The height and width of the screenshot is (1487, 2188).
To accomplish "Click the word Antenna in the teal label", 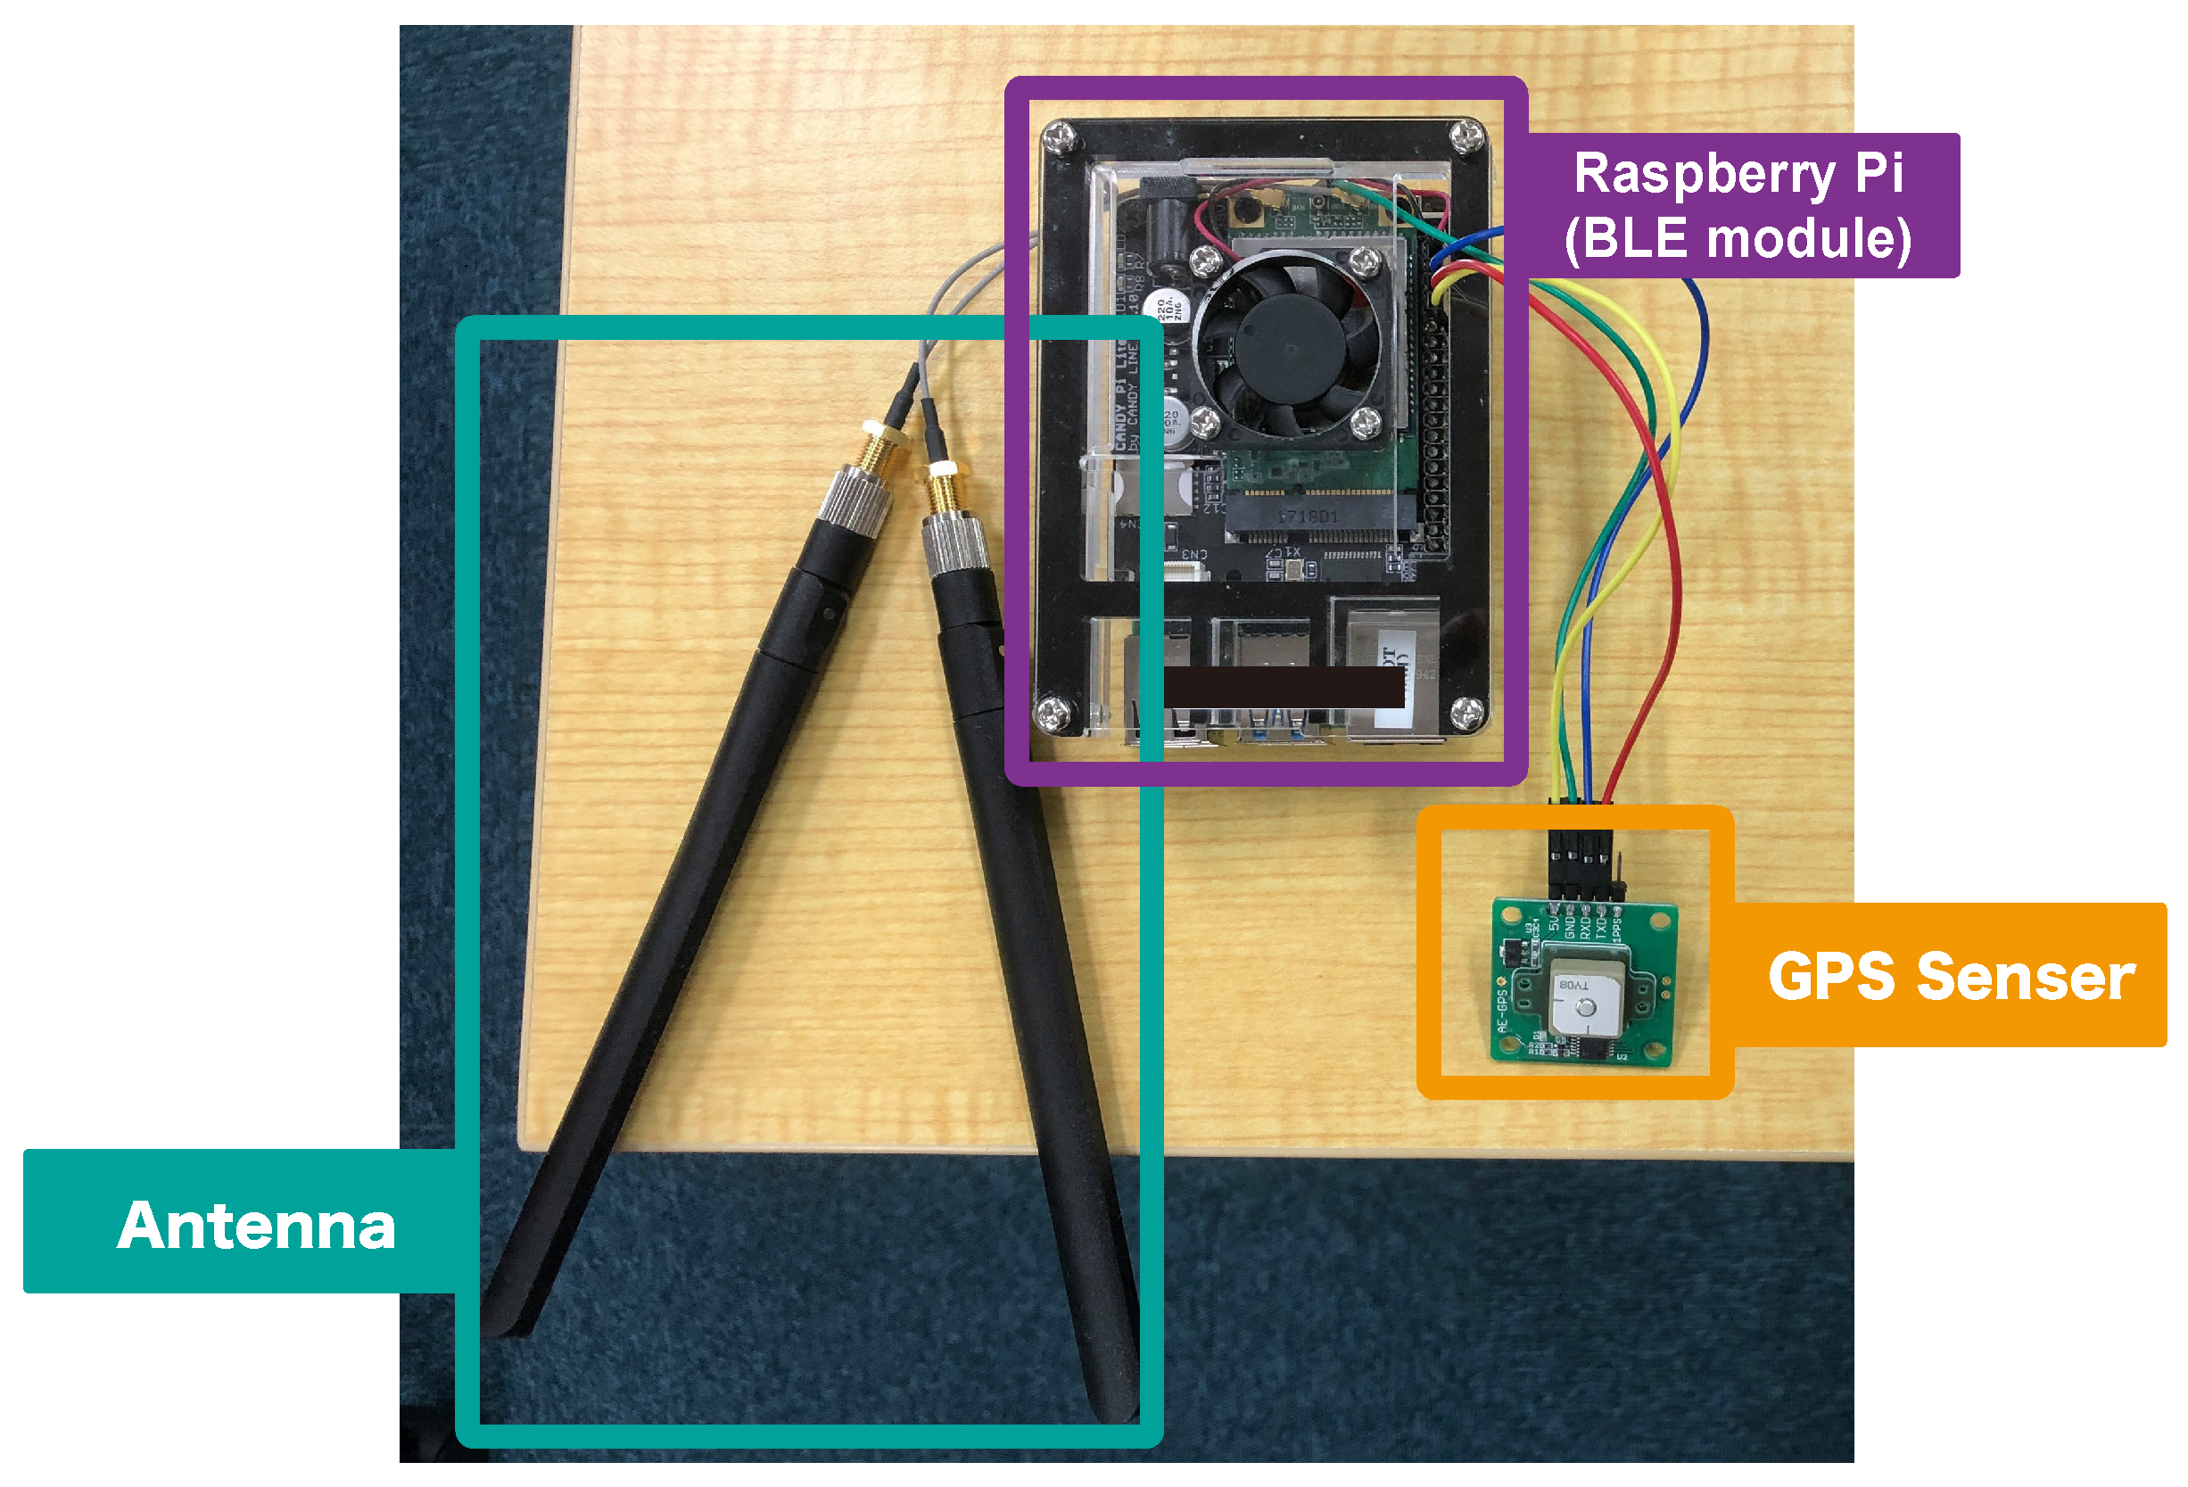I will (256, 1227).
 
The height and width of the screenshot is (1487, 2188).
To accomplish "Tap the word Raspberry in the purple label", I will (1704, 175).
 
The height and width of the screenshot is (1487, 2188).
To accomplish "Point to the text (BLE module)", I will (1737, 237).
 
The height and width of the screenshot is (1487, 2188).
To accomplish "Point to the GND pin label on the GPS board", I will (1571, 928).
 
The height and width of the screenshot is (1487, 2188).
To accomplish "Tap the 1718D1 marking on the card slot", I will (1308, 517).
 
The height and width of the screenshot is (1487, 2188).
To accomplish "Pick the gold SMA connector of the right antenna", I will (943, 490).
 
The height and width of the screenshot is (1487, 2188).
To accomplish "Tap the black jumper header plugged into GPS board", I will (1581, 862).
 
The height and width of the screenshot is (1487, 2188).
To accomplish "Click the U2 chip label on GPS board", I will (1622, 1058).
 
